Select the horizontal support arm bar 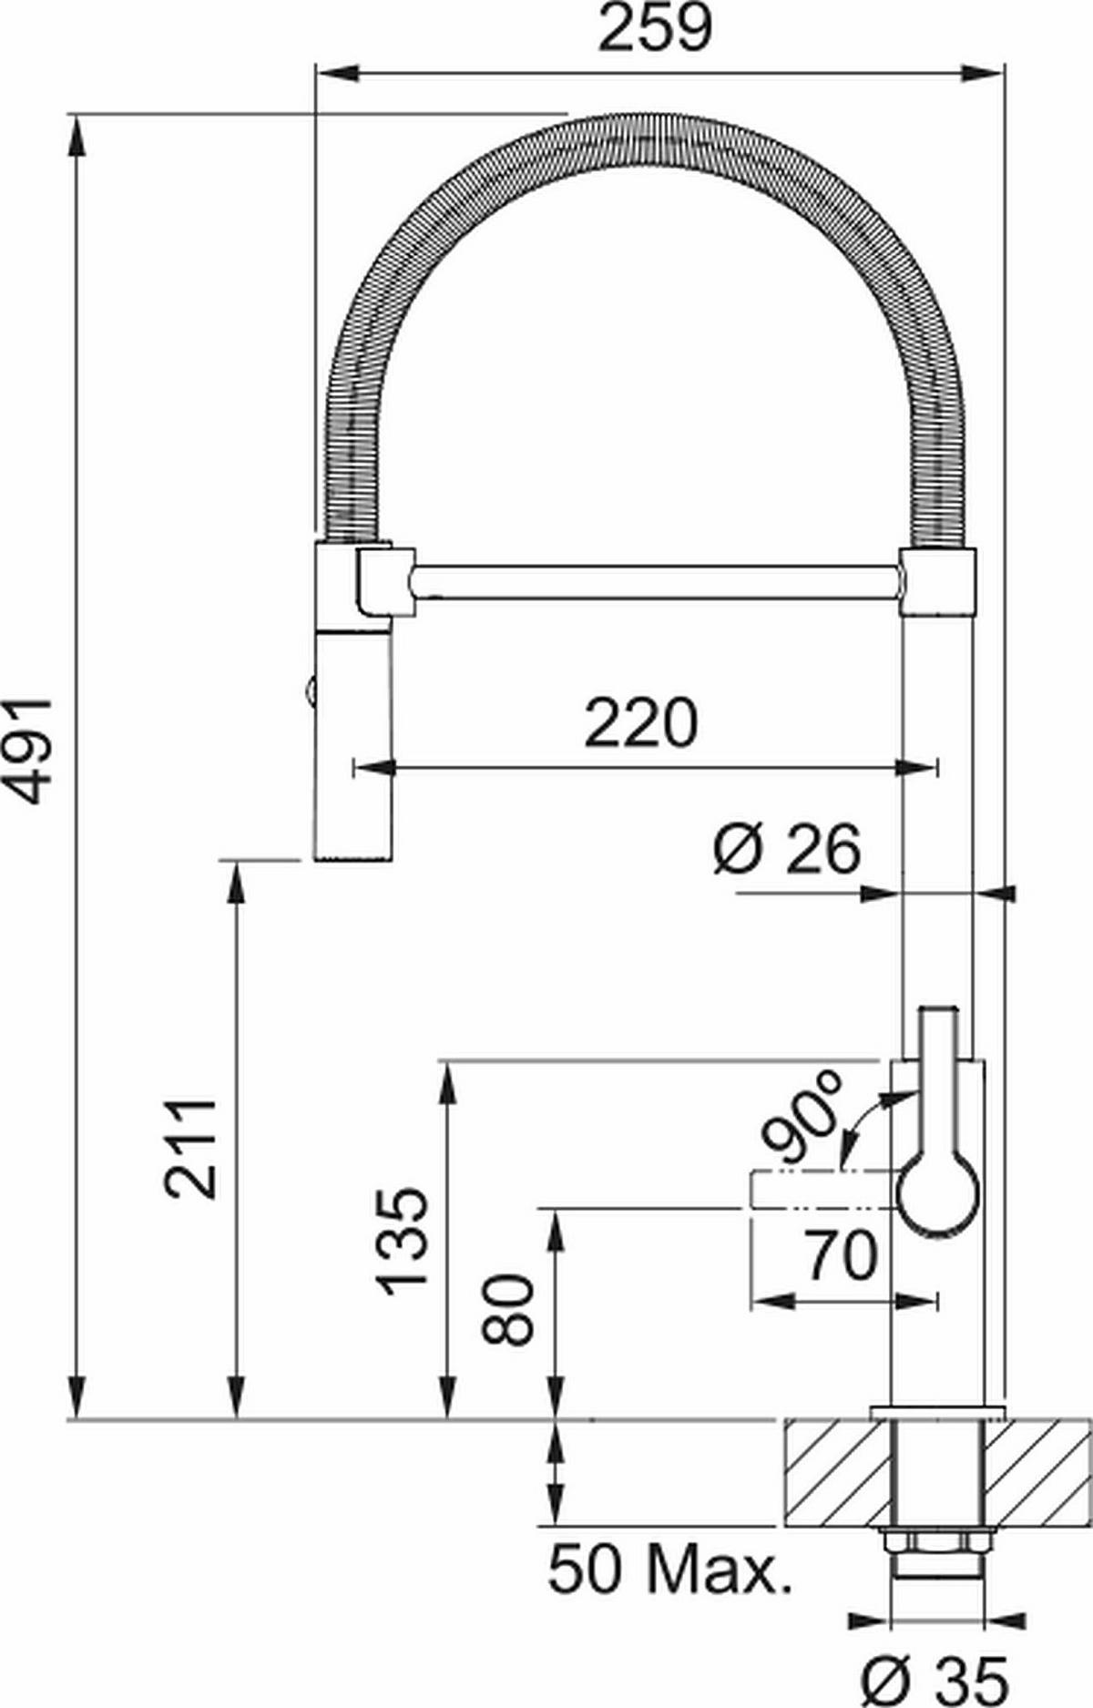point(656,581)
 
